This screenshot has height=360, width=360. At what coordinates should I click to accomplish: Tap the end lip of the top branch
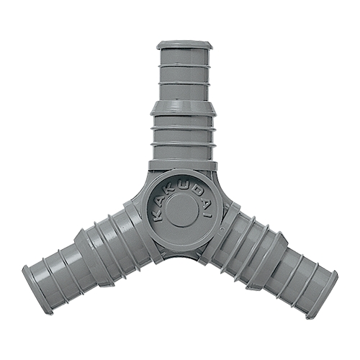point(184,45)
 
